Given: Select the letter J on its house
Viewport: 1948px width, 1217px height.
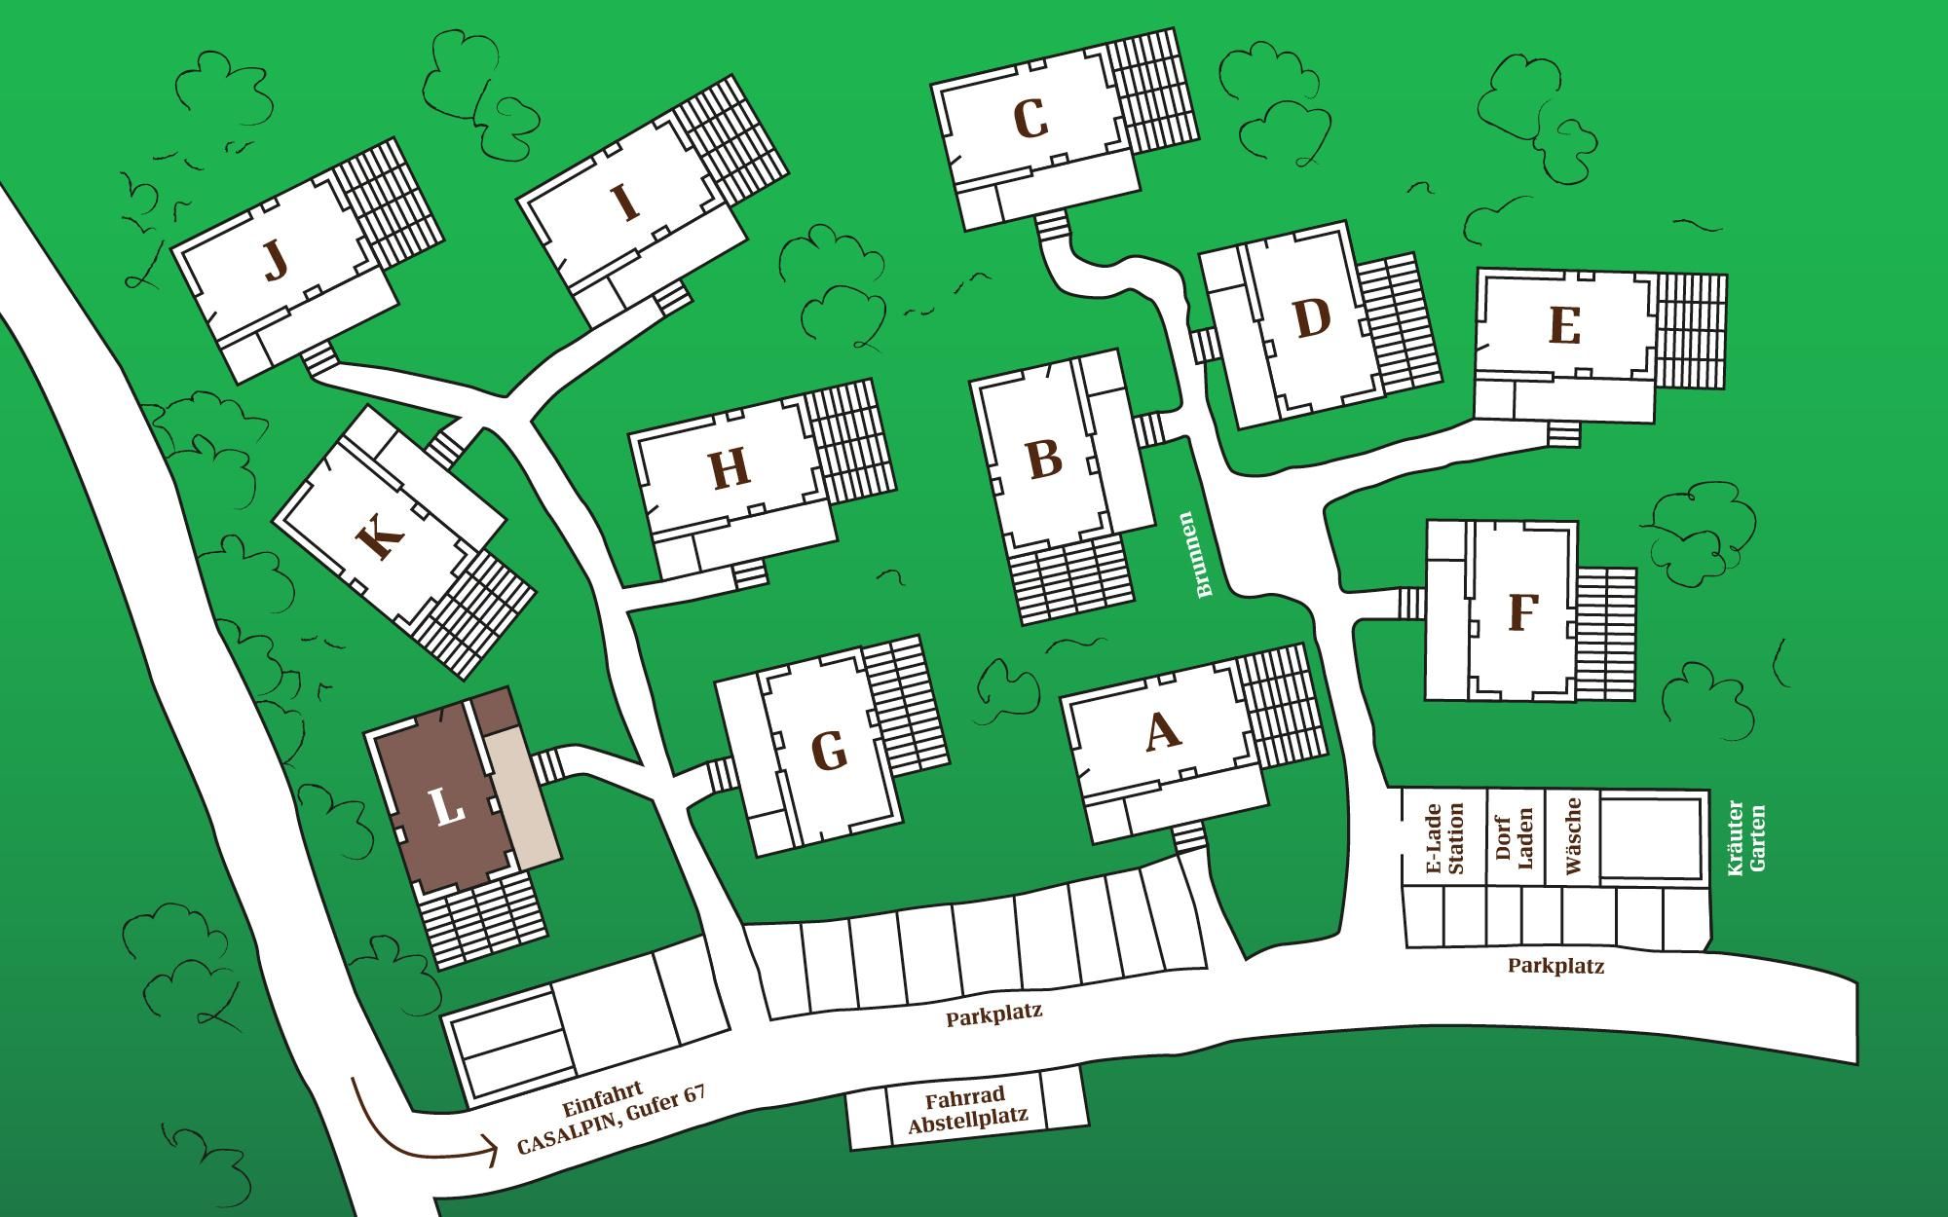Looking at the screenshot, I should (x=277, y=260).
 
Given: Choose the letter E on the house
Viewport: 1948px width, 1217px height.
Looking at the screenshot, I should (x=1563, y=326).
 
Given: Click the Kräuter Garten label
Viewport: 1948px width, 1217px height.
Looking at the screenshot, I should (x=1746, y=839).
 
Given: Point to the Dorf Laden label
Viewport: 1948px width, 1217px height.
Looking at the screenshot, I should (x=1514, y=839).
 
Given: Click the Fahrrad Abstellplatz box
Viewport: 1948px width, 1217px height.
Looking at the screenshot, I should (x=967, y=1108).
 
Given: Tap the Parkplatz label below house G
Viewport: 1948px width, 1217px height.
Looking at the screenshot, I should (x=993, y=1013).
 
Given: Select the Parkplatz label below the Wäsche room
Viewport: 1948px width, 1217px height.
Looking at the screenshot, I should (x=1555, y=966).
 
